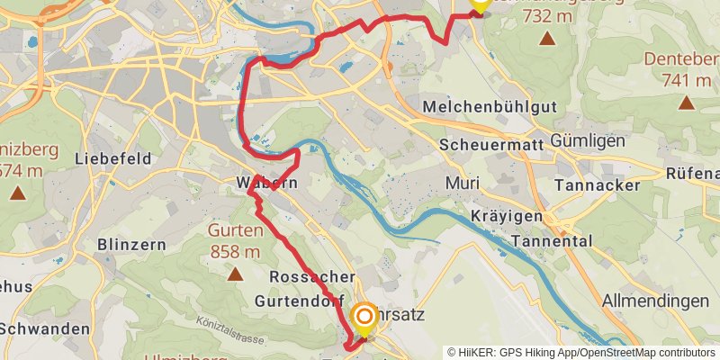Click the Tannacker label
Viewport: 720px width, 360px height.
click(x=597, y=184)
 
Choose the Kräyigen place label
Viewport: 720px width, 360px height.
click(x=508, y=217)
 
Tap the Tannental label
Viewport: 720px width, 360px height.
click(x=551, y=241)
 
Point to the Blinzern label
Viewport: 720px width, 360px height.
click(x=129, y=244)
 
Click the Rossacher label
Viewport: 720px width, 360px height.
click(x=311, y=276)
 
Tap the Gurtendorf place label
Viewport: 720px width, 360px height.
click(x=300, y=300)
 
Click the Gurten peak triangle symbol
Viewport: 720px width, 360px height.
click(x=235, y=274)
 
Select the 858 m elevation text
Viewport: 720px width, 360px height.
click(x=235, y=252)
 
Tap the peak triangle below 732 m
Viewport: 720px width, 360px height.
click(x=547, y=39)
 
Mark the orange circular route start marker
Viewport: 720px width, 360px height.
click(x=364, y=317)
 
